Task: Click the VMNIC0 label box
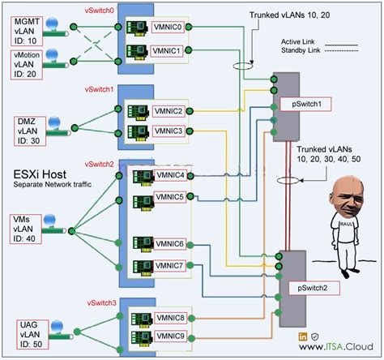point(172,27)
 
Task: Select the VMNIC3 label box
point(172,131)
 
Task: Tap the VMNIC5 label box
point(172,196)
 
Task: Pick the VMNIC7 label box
point(172,265)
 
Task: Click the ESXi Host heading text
point(41,174)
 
